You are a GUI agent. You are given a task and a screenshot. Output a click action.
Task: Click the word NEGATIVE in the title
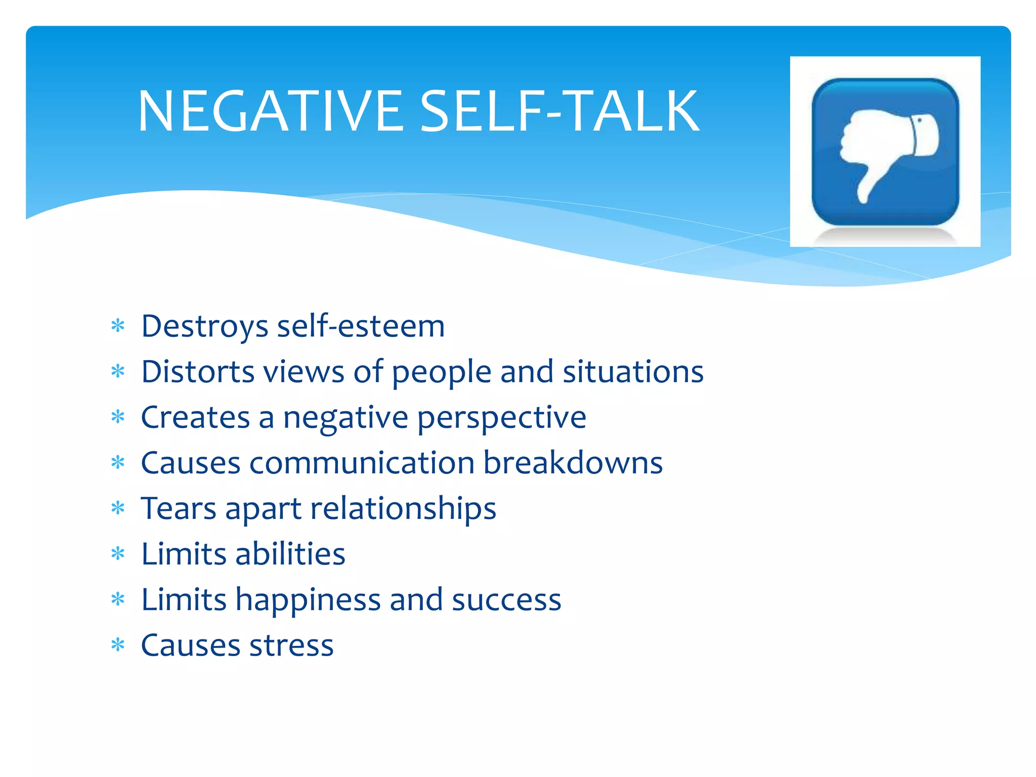point(271,111)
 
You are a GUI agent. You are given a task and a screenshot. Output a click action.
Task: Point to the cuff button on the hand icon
point(919,120)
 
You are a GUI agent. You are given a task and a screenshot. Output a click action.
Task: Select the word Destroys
point(204,326)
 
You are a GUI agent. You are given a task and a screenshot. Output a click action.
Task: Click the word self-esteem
point(361,326)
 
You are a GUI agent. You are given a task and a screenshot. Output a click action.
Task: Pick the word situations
point(633,372)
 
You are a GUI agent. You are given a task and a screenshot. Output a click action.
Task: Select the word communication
point(362,463)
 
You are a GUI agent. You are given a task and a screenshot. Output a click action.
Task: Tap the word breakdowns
point(573,463)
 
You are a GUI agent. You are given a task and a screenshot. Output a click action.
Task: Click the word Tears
point(179,508)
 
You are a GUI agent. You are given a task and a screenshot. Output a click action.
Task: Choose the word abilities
point(290,554)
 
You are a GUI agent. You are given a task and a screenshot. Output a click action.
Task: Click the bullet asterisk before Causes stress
point(118,645)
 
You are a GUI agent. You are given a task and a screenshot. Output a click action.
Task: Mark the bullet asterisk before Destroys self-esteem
point(118,326)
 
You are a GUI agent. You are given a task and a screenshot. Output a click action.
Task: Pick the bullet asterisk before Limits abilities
point(118,553)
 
